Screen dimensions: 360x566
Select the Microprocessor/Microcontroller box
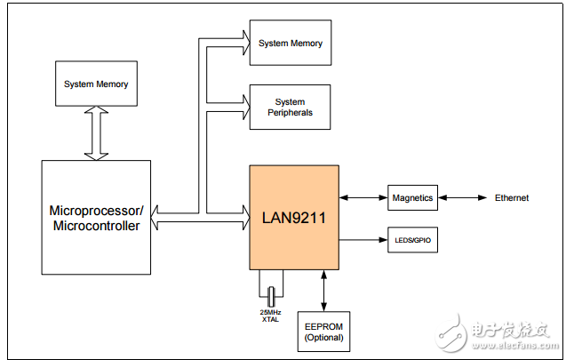point(96,217)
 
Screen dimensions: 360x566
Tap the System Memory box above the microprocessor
point(96,84)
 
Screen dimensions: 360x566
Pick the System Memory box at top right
point(291,43)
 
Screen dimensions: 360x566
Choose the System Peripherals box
point(291,107)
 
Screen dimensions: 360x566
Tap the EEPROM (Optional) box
point(323,332)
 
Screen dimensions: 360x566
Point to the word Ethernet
point(512,197)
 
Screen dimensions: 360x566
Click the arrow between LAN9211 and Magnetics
point(363,197)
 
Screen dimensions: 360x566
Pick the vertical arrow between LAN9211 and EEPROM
point(323,289)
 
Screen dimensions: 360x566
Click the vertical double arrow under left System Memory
point(96,134)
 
